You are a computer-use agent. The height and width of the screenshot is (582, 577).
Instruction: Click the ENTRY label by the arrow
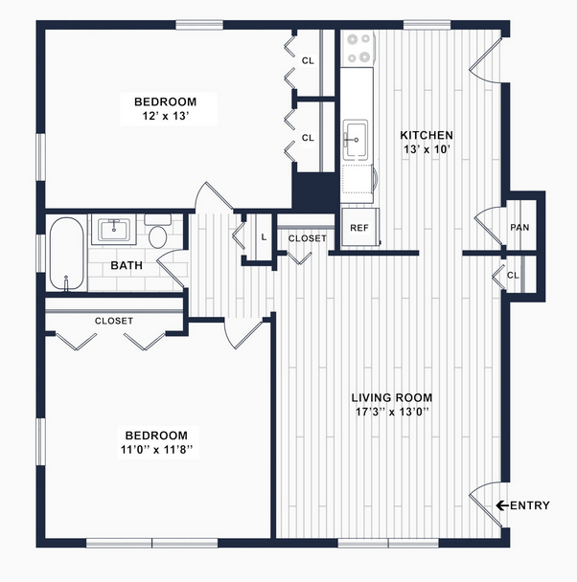click(530, 505)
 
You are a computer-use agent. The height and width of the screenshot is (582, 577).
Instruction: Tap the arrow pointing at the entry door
click(502, 505)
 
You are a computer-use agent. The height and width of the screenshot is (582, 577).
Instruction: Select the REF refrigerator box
click(360, 227)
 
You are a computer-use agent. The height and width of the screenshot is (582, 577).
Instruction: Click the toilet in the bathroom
click(158, 231)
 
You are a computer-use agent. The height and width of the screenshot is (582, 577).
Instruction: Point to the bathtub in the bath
click(67, 253)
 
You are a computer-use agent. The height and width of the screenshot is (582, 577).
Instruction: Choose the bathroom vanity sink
click(114, 230)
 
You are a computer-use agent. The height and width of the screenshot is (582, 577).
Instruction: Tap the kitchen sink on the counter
click(356, 140)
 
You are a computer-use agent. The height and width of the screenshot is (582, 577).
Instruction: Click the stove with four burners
click(358, 48)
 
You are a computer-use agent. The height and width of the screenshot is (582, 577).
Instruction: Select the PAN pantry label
click(519, 227)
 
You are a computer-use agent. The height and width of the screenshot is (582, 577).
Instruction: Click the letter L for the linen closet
click(264, 237)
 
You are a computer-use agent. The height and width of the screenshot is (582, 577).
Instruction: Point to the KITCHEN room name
click(427, 135)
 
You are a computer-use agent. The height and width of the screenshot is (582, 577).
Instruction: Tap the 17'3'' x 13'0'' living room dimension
click(392, 412)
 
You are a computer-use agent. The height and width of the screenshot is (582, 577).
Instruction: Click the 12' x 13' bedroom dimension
click(166, 116)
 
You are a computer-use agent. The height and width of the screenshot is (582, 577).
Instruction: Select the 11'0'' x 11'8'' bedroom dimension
click(157, 450)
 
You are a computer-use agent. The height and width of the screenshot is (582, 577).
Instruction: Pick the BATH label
click(127, 265)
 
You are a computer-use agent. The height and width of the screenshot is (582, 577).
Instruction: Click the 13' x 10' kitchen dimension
click(427, 149)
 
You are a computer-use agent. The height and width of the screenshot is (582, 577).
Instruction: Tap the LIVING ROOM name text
click(392, 398)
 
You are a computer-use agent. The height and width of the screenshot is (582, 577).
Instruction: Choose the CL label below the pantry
click(513, 276)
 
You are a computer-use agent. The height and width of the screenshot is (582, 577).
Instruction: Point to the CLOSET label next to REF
click(308, 238)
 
